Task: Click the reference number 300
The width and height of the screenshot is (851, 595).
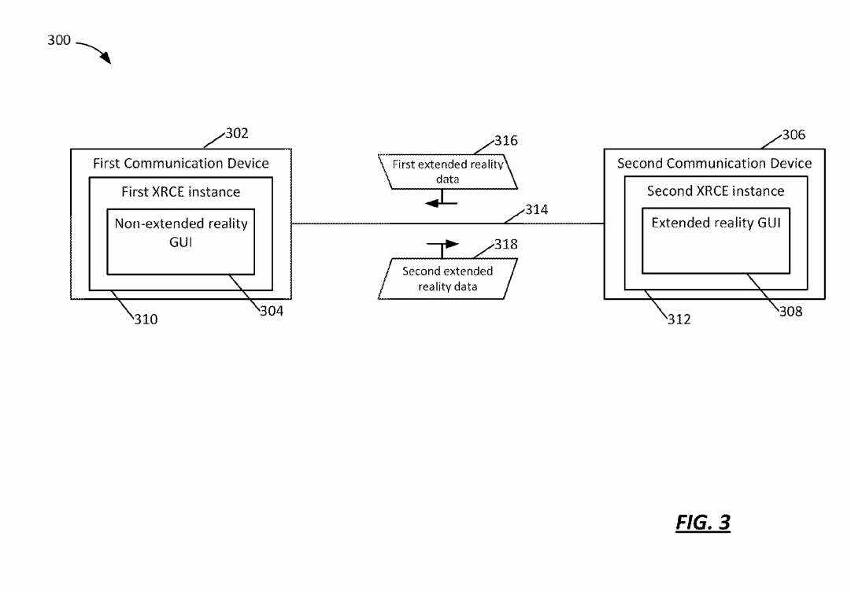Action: point(59,40)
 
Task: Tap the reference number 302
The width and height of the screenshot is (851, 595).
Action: point(237,133)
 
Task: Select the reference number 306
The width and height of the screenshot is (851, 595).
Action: point(794,135)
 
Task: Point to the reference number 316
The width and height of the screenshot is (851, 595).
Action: point(506,141)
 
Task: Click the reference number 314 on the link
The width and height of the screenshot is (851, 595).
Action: point(537,210)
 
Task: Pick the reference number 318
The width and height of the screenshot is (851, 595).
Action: point(506,244)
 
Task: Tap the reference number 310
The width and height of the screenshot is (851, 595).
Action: point(146,320)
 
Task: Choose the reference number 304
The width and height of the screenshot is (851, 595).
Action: point(272,311)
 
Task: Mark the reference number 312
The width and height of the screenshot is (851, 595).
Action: point(679,320)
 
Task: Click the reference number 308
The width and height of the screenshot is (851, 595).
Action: point(791,312)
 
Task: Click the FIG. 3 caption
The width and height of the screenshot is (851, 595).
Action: point(702,523)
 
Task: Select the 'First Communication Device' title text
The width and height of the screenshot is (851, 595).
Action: point(181,164)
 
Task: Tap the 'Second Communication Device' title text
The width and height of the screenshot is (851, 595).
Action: point(714,164)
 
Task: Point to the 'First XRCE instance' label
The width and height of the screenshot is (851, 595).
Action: point(181,192)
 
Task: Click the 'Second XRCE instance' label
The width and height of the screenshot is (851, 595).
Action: point(716,191)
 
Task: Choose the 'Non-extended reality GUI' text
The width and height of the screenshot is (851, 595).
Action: point(181,233)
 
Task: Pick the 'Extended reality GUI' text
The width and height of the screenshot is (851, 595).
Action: point(716,224)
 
